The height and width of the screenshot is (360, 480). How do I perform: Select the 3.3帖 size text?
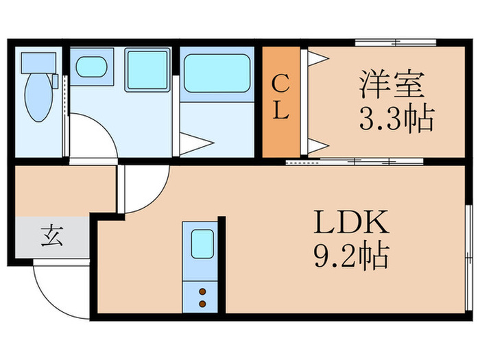[x=396, y=120]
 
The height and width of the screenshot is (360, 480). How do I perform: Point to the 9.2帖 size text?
[x=352, y=258]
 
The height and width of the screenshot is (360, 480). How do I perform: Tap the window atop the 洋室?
[x=396, y=43]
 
